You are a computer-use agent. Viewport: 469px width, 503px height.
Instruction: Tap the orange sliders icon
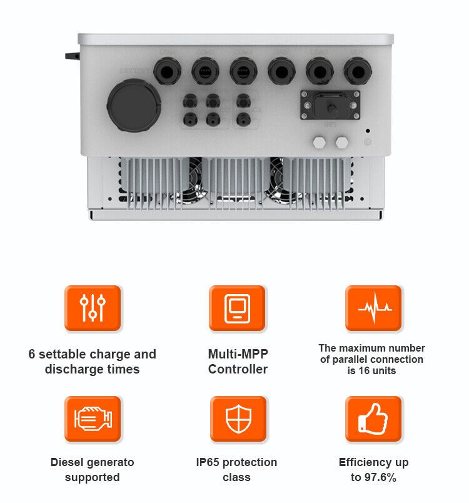[93, 308]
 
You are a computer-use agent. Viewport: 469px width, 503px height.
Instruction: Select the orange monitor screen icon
[237, 308]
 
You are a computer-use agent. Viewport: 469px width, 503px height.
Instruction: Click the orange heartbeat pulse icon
[374, 308]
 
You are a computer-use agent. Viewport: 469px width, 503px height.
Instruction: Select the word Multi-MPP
[238, 354]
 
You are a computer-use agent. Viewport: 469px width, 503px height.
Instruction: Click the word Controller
[238, 369]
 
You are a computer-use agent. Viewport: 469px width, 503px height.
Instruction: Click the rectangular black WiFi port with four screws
[330, 104]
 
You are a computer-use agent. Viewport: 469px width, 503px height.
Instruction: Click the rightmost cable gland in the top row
[357, 71]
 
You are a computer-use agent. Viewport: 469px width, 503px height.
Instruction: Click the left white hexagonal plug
[320, 142]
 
